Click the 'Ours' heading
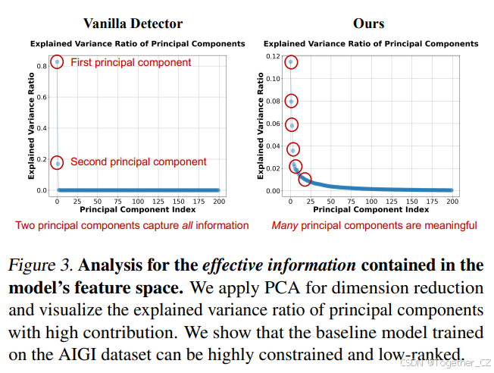(368, 24)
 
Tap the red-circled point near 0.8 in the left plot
(57, 62)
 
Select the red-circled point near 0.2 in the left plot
(57, 162)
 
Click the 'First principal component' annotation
(130, 63)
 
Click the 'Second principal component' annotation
(138, 161)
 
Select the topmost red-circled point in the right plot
(290, 62)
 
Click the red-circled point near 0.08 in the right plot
(291, 101)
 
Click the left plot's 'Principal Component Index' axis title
(137, 209)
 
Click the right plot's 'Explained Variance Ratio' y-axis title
(260, 125)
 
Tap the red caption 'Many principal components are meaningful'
(374, 225)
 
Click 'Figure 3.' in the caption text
(39, 266)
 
